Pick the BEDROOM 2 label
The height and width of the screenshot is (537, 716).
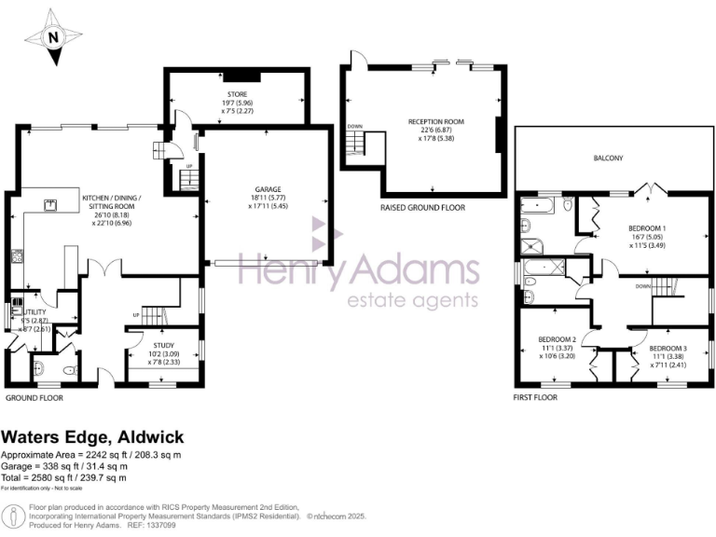pos(555,339)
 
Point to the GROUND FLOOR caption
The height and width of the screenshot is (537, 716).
pos(34,398)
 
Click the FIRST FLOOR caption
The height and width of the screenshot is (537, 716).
pos(535,398)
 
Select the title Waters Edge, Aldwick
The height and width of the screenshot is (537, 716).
pos(92,437)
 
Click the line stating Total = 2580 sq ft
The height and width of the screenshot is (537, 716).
pos(63,478)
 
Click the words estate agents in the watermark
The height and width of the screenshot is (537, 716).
pos(412,300)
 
